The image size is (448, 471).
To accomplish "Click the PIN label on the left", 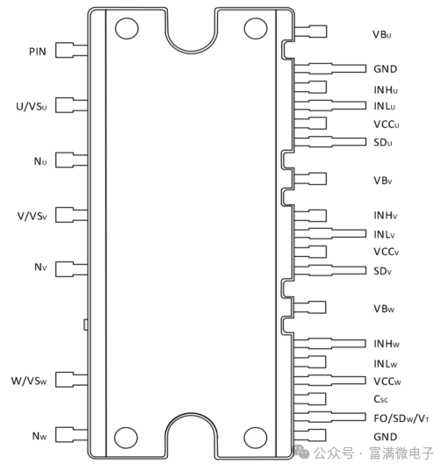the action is (x=38, y=52).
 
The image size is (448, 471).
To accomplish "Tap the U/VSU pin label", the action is (x=32, y=106).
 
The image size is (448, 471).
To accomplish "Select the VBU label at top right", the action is (x=382, y=34).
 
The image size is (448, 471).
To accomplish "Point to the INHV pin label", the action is (x=385, y=216).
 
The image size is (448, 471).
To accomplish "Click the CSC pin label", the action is (x=380, y=399).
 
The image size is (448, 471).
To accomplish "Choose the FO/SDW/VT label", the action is (x=401, y=418).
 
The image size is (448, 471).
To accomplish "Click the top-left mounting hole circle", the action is (x=126, y=29).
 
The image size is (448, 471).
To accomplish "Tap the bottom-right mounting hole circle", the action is (x=255, y=438).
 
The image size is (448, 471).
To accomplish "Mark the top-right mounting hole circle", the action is (x=256, y=29).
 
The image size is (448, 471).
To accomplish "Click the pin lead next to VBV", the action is (x=310, y=179).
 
